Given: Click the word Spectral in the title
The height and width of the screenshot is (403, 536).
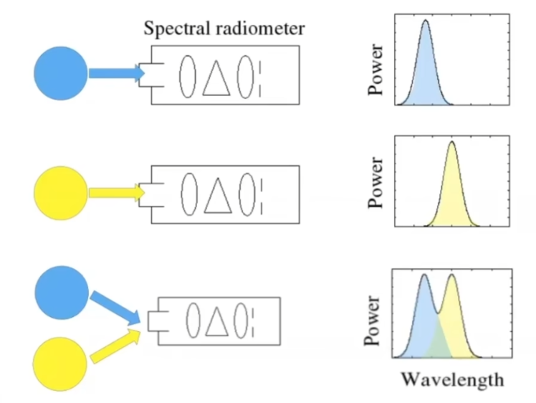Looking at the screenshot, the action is coord(177,29).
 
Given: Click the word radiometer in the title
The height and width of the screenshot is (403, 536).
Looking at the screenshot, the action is coord(260,28).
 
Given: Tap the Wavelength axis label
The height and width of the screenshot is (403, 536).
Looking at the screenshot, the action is coord(453,380).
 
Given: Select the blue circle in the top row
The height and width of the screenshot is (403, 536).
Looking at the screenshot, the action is coord(60,73).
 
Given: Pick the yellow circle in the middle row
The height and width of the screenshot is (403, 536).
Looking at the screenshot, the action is coord(60,193).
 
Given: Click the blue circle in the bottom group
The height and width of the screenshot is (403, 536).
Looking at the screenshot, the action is coord(62,293).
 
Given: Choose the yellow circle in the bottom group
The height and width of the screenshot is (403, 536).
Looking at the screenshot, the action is coord(60,364).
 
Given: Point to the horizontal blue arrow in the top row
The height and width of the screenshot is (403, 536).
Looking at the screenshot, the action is coord(117,73).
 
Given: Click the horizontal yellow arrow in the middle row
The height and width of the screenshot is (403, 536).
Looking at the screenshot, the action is coord(117,193).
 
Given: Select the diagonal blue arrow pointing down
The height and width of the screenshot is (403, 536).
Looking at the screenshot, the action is coord(115,308).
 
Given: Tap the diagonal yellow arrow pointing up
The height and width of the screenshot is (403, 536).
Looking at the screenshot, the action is coord(115,346).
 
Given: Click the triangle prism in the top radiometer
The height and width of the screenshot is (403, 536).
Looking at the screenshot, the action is coord(216,79).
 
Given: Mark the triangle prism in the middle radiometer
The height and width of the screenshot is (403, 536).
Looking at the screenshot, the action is coord(218,196).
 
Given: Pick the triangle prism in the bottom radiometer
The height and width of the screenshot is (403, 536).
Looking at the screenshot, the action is coord(217,321).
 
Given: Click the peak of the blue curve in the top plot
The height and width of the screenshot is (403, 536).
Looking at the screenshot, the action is coord(426,20).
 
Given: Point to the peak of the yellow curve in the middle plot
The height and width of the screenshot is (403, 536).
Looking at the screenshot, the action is coord(452,141).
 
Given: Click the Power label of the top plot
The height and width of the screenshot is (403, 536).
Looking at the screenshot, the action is coord(375,70).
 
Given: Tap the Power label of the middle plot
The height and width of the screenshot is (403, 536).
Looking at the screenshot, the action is coord(375,183).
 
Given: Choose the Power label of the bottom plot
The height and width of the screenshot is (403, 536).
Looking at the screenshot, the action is coord(372,321).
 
